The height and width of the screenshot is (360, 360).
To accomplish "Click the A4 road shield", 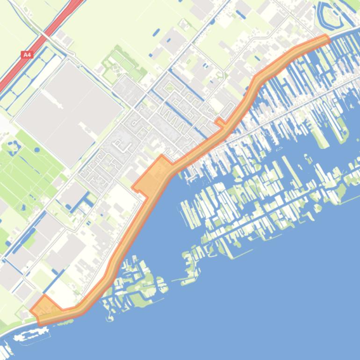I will [27, 55].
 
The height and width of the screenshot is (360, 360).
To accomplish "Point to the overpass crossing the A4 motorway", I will [45, 36].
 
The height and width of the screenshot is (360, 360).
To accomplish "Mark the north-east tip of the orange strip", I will [325, 39].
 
